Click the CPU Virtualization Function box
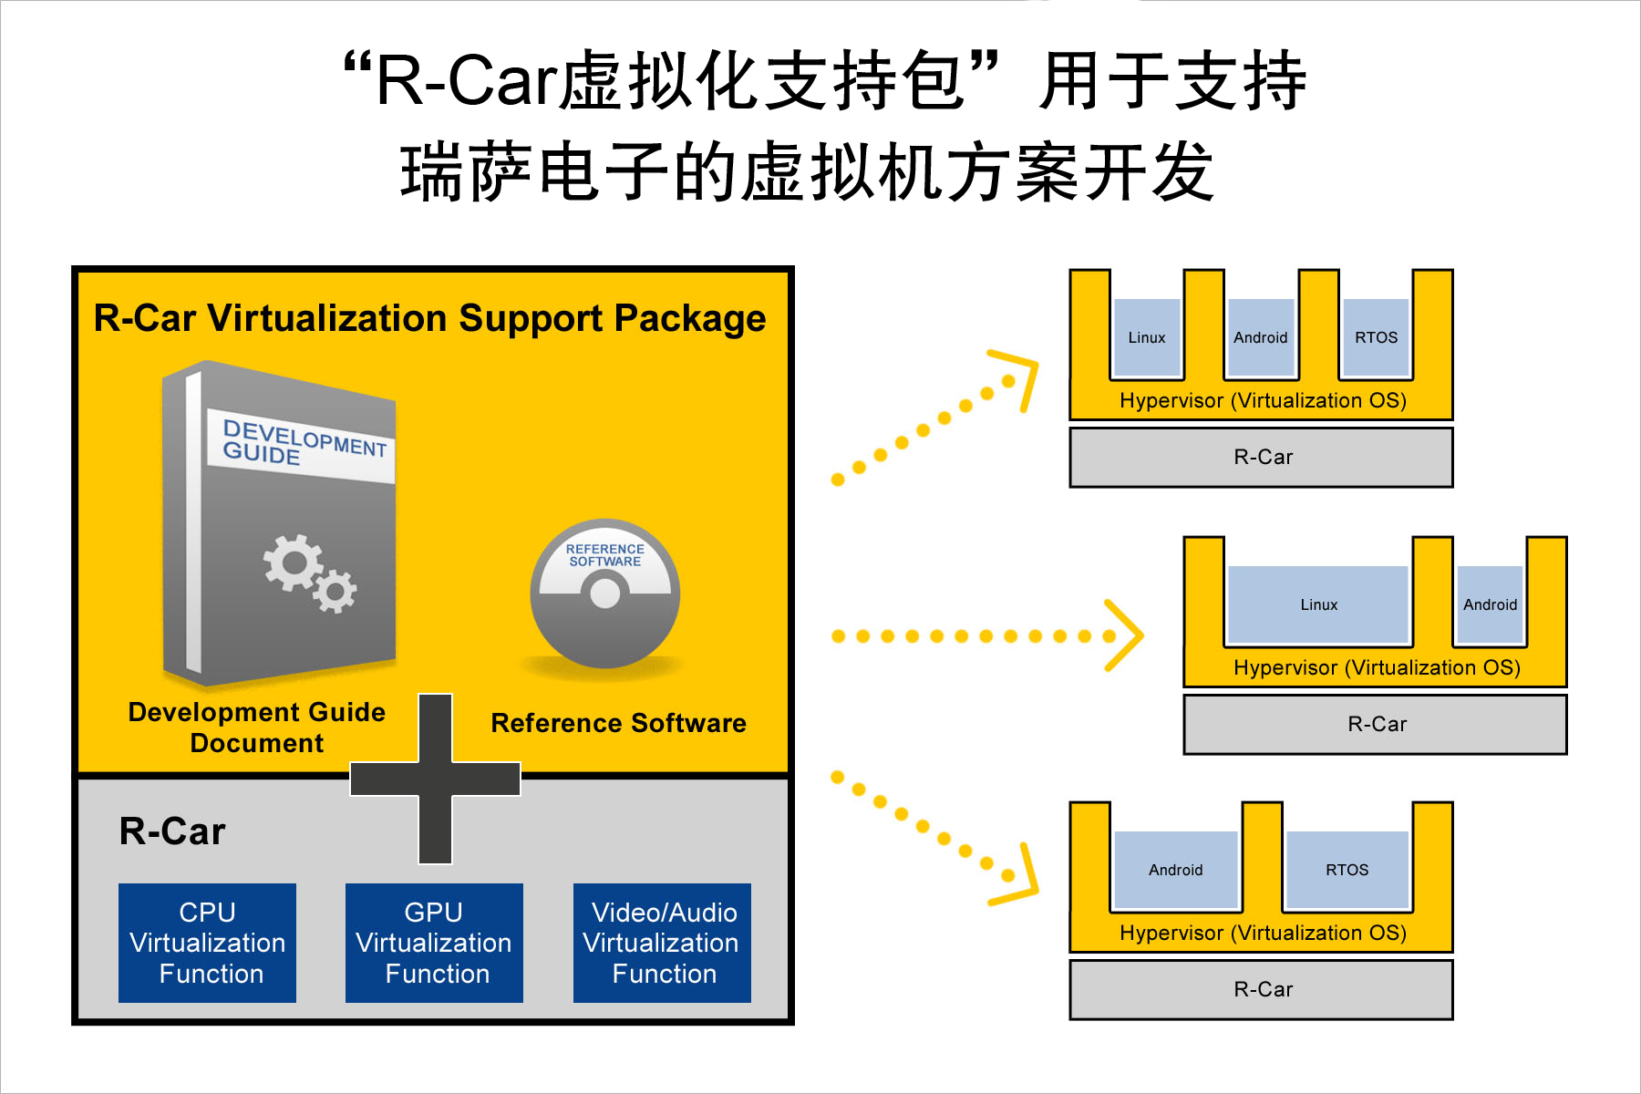coord(207,943)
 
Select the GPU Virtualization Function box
coord(434,943)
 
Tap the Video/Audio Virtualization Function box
coord(662,943)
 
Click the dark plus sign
coord(436,779)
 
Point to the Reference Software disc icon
coord(605,593)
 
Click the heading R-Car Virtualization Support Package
coord(429,318)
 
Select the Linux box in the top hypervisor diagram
coord(1147,337)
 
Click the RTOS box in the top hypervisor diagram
coord(1376,337)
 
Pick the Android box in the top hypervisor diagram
coord(1261,337)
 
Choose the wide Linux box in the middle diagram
coord(1318,604)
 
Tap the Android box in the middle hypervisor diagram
coord(1490,604)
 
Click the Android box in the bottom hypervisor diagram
coord(1176,870)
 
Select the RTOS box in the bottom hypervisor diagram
coord(1347,870)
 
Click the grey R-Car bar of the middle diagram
coord(1376,725)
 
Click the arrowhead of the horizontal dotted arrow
coord(1127,635)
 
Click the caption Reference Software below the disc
coord(618,723)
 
